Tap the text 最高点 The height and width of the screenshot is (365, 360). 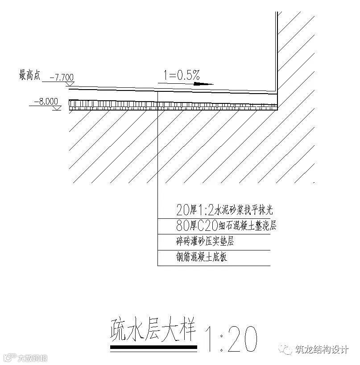click(29, 75)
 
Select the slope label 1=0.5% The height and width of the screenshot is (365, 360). click(181, 75)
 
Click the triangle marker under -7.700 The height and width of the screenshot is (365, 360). click(69, 83)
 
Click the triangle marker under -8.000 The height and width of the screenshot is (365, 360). click(56, 107)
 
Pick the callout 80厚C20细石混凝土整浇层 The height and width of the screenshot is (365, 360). click(226, 226)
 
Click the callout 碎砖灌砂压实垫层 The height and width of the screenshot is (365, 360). click(205, 242)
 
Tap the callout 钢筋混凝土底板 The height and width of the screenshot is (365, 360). click(202, 257)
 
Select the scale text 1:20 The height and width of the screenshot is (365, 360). click(231, 339)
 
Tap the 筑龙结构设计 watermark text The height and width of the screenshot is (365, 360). click(322, 350)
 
